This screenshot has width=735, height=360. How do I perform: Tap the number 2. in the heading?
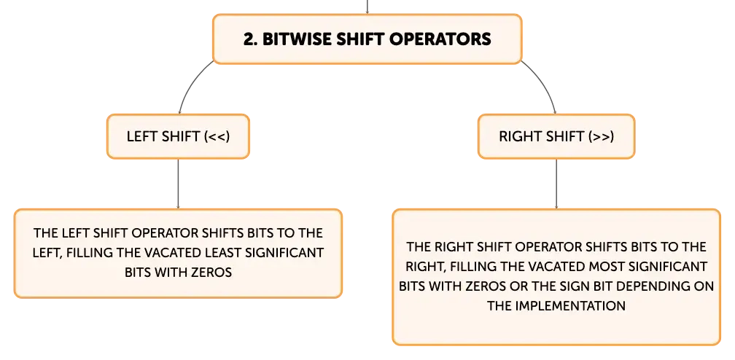[251, 39]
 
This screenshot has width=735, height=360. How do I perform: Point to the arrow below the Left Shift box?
[178, 184]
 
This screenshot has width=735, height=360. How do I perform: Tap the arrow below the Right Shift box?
[556, 184]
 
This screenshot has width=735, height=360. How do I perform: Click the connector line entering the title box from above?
[367, 7]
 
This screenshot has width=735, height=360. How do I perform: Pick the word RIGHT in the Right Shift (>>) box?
[518, 137]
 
